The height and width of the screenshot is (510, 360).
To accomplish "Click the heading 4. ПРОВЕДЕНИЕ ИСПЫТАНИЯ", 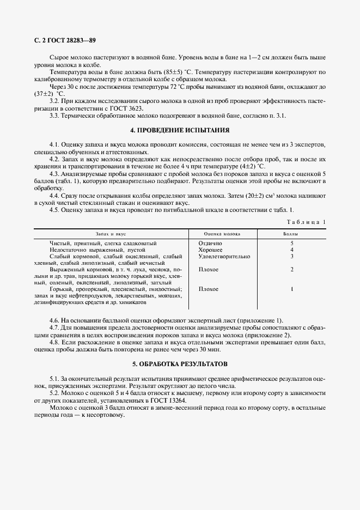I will (x=180, y=130).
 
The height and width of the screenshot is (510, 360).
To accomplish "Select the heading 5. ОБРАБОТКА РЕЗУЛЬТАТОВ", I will (x=180, y=363).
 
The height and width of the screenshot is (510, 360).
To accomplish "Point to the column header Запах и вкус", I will (x=111, y=233).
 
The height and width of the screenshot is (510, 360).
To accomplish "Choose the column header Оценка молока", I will (x=222, y=233).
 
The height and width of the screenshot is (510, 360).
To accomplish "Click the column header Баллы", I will (x=292, y=233).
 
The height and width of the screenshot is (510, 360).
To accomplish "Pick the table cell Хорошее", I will (x=210, y=249).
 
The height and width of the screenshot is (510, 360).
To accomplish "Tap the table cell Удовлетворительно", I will (x=224, y=256).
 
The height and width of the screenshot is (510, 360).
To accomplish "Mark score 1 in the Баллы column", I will (x=292, y=289).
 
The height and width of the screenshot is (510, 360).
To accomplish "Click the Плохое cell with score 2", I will (x=209, y=269).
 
